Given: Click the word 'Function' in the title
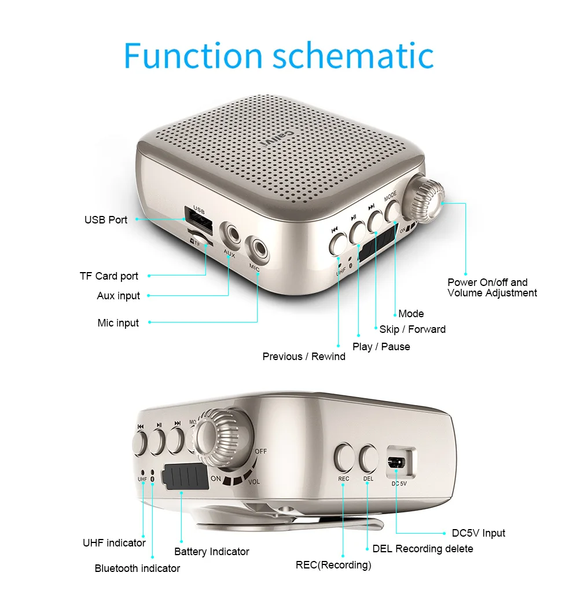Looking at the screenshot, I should coord(193,56).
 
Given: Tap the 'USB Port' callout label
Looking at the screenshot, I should coord(106,220).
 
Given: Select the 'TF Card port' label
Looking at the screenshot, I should coord(109,276).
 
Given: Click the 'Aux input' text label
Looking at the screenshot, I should coord(119,296).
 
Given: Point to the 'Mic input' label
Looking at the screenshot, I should coord(118,323).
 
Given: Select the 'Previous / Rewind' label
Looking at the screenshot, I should coord(304,357).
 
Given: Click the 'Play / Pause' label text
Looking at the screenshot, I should coord(381,347).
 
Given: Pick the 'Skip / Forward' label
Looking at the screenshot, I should coord(412,329).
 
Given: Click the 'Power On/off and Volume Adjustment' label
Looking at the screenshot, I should coord(492,288).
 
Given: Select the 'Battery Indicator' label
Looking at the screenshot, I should coord(212,552).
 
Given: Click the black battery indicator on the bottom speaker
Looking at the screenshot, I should coord(185,478).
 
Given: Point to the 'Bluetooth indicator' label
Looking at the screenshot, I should coord(137,568).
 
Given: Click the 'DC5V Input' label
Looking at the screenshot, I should coord(478,533).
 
